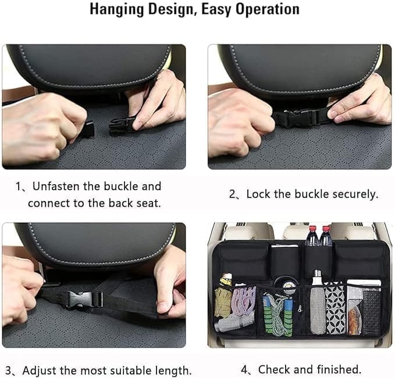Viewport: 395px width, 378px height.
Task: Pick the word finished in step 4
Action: pyautogui.click(x=339, y=369)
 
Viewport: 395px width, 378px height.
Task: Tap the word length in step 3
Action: pyautogui.click(x=173, y=370)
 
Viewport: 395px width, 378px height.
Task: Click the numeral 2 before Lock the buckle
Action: pyautogui.click(x=232, y=195)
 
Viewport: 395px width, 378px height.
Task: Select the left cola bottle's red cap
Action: pyautogui.click(x=312, y=229)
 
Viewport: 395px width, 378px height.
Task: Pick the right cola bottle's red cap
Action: pyautogui.click(x=326, y=229)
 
